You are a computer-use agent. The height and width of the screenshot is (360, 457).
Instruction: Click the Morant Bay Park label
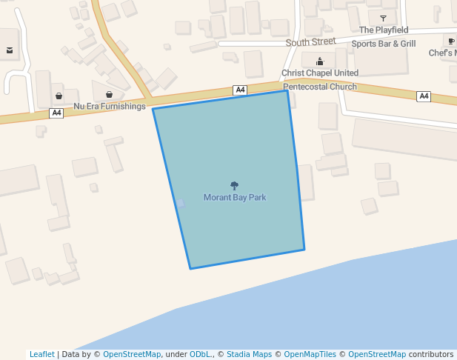[x=235, y=198]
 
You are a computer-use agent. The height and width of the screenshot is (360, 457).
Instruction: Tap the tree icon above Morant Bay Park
[x=235, y=186]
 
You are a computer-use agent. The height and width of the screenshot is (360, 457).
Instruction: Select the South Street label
[x=311, y=42]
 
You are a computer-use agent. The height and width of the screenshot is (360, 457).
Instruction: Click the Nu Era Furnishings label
[x=110, y=107]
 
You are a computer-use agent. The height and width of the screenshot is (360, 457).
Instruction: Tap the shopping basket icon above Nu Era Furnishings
[x=110, y=95]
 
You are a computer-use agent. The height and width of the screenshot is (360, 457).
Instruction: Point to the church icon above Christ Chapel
[x=320, y=61]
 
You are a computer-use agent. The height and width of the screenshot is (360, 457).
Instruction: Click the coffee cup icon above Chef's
[x=451, y=41]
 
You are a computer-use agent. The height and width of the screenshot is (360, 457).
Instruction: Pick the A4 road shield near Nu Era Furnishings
[x=56, y=113]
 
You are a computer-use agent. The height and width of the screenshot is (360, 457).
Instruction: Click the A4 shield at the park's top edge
[x=240, y=90]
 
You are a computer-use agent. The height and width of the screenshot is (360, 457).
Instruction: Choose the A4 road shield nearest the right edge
[x=424, y=96]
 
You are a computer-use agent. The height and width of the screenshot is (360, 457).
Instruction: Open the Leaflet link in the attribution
[x=42, y=355]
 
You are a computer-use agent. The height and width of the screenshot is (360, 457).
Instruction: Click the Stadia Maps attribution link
[x=249, y=355]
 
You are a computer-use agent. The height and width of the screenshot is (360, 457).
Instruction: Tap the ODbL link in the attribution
[x=200, y=355]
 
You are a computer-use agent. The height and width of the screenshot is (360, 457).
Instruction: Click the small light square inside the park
[x=180, y=202]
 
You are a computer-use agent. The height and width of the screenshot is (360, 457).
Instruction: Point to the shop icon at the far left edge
[x=10, y=51]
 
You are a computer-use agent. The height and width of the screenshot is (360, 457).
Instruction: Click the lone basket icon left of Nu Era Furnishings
[x=59, y=96]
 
